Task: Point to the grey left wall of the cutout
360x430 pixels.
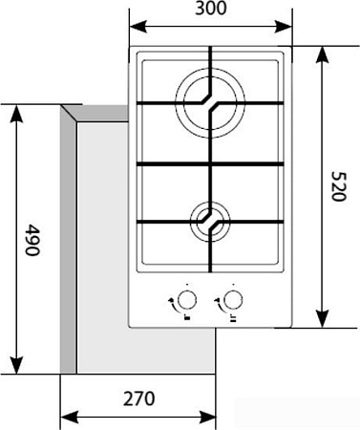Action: [x=68, y=239]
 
